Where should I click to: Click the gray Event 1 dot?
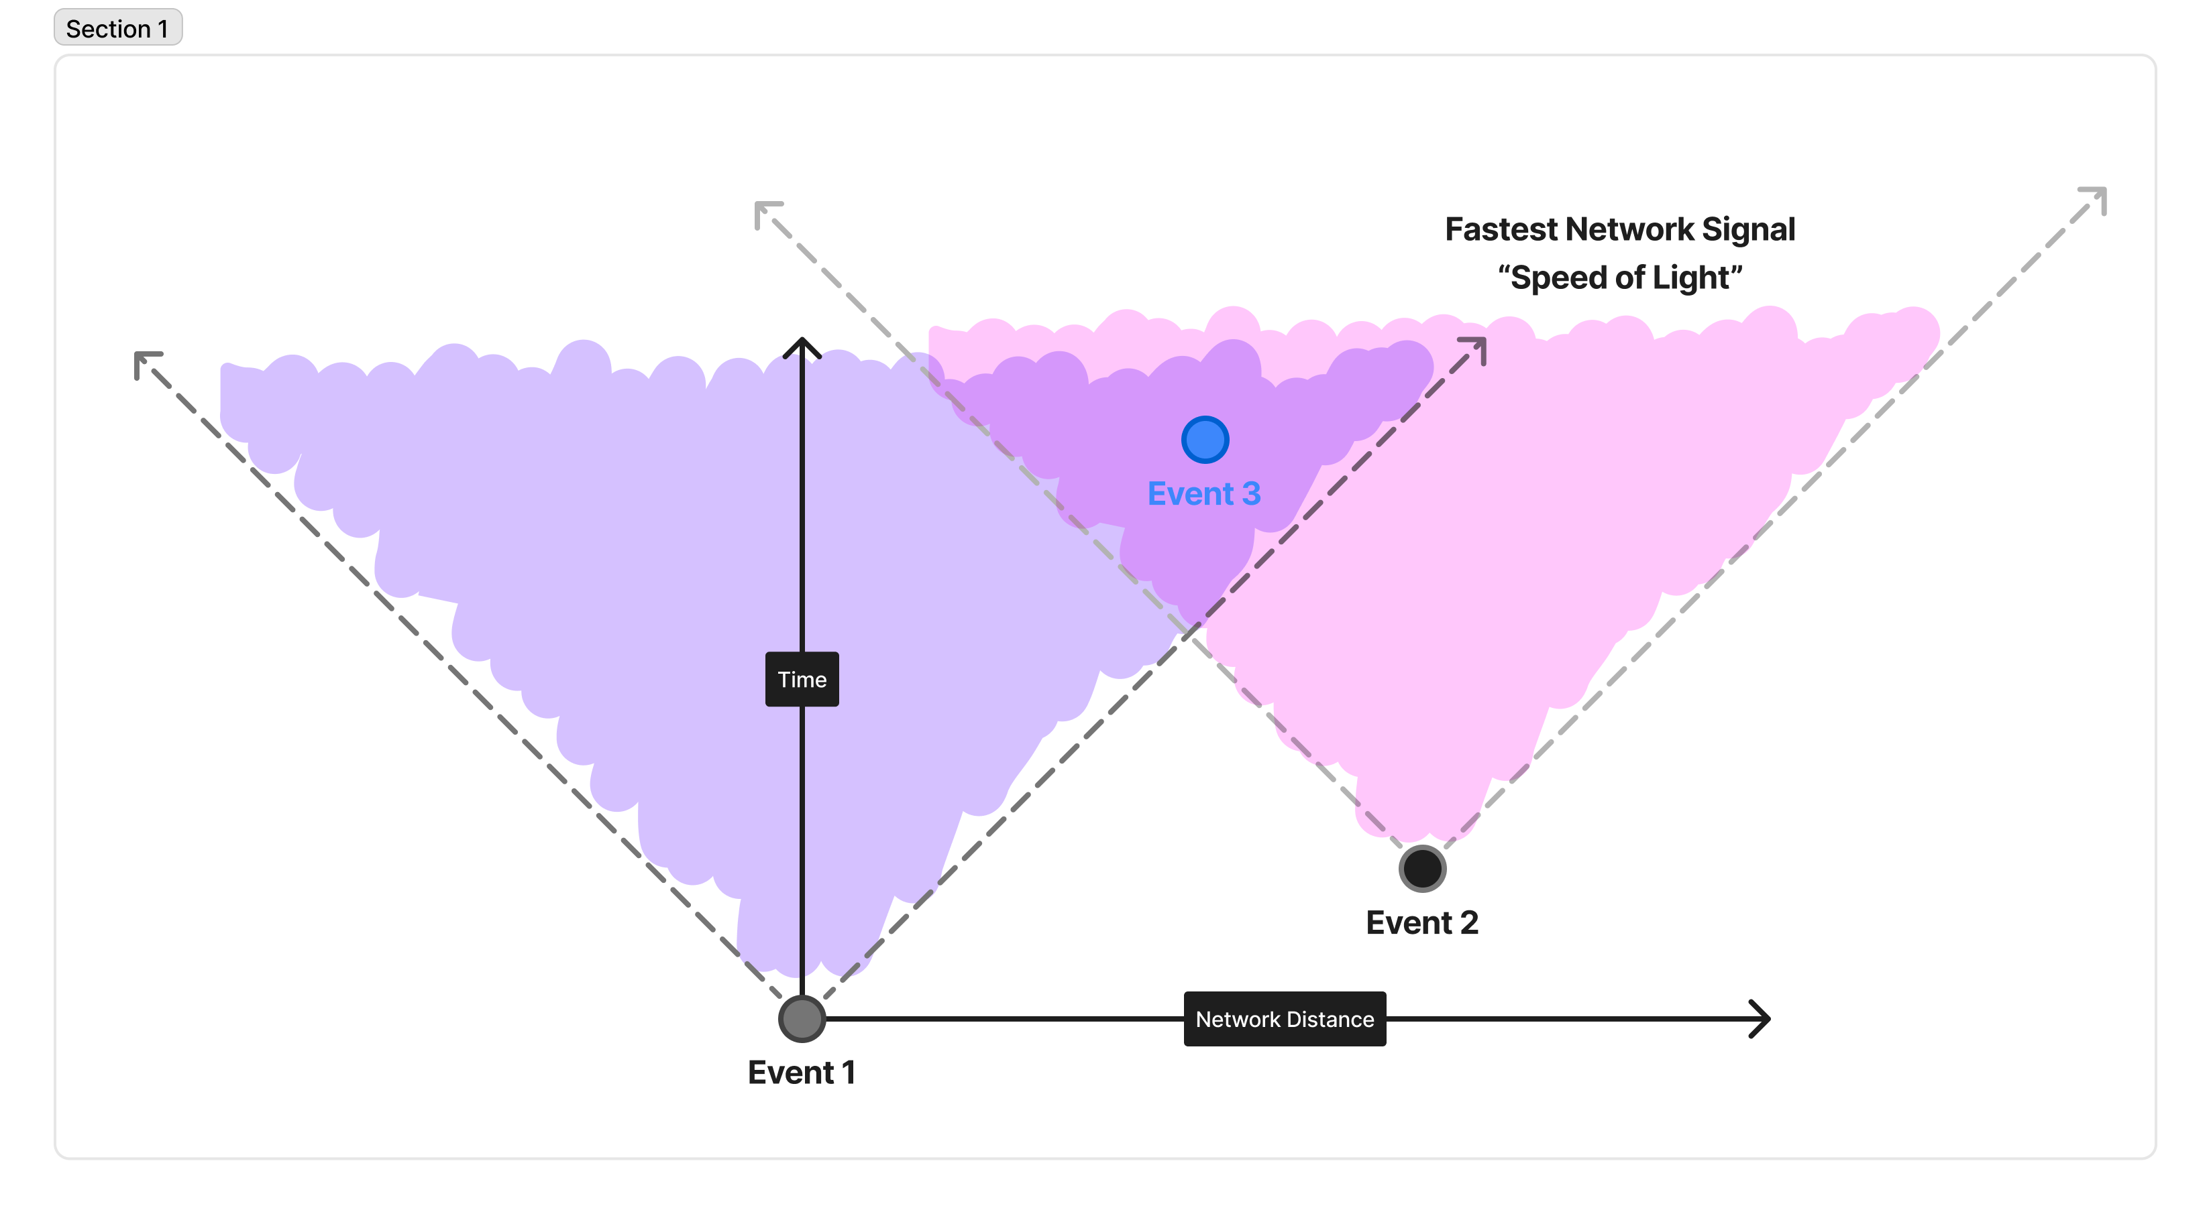(x=802, y=1018)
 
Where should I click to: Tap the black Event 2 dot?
(x=1422, y=868)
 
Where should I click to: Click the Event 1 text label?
(x=801, y=1073)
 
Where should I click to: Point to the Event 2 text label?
(x=1421, y=923)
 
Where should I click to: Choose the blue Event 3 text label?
(x=1203, y=494)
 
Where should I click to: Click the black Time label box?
(x=802, y=680)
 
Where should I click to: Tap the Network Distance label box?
(x=1284, y=1019)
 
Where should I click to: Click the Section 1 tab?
(x=117, y=28)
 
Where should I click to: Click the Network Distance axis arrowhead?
(x=1762, y=1019)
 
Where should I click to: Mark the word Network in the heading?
(x=1629, y=230)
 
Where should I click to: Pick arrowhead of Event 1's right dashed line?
(x=1477, y=347)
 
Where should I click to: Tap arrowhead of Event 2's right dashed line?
(x=2098, y=196)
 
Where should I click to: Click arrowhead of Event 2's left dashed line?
(x=763, y=210)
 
